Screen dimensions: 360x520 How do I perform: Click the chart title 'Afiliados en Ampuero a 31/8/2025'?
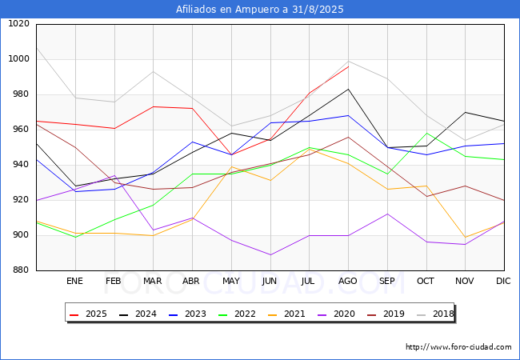tap(260, 10)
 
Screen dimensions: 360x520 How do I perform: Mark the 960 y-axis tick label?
tap(19, 130)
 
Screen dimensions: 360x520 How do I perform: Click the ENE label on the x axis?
tap(74, 282)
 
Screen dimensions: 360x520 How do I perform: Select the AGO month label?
tap(347, 282)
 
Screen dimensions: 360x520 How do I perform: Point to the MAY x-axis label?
tap(230, 282)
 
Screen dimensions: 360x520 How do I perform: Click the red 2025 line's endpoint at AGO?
tap(348, 66)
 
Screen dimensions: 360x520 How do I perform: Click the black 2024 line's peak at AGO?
tap(348, 89)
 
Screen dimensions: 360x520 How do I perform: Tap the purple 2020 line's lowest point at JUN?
tap(270, 254)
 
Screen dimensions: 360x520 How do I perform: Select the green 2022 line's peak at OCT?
tap(426, 133)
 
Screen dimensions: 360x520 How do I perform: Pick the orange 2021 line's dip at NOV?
tap(465, 238)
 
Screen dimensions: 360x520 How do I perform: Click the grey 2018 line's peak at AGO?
tap(348, 62)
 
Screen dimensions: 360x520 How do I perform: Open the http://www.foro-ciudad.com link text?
tap(458, 347)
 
